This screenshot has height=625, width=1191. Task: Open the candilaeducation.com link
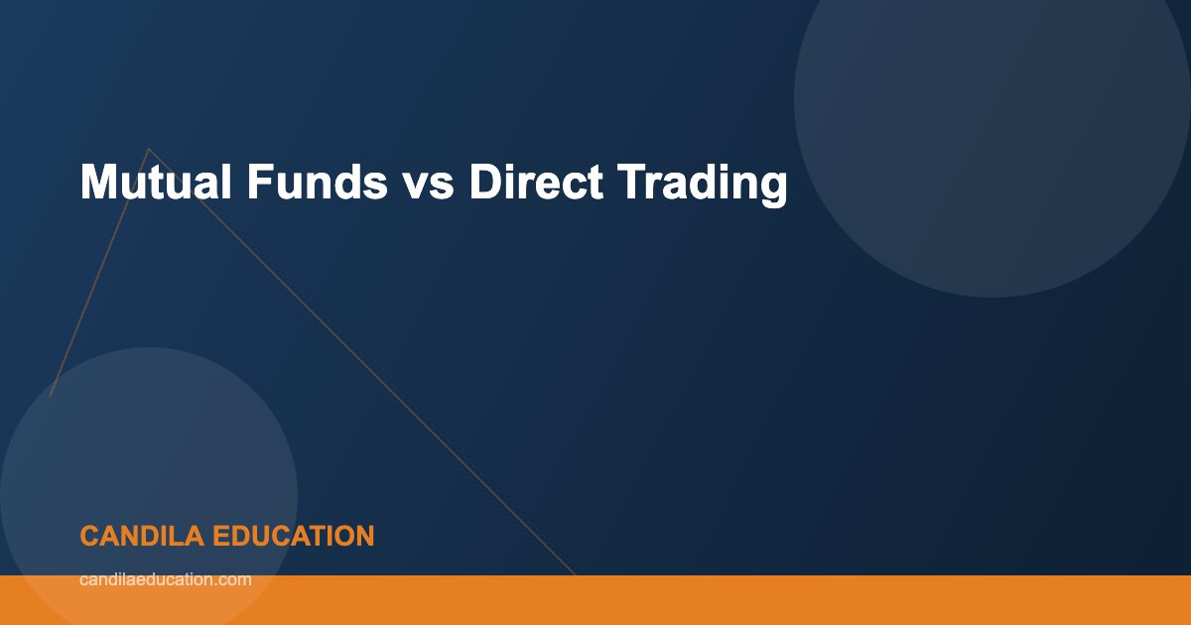[x=165, y=579]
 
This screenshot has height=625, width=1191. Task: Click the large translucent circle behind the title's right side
[x=992, y=99]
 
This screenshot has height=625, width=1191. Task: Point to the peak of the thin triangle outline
[x=149, y=149]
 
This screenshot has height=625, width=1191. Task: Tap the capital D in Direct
[x=485, y=184]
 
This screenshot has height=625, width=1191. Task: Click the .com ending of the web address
[x=234, y=579]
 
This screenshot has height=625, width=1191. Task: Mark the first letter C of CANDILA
[x=88, y=537]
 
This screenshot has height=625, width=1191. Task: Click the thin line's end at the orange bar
[x=575, y=574]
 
